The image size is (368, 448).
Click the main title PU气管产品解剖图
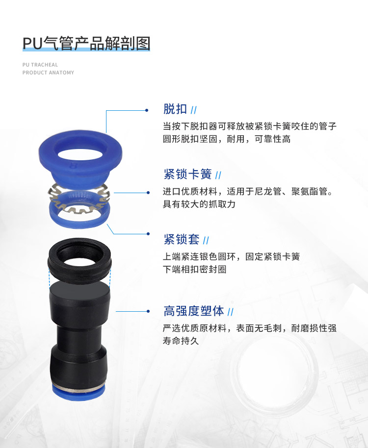(86, 44)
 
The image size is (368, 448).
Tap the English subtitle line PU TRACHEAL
(40, 65)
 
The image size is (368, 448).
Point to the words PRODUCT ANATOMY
(48, 73)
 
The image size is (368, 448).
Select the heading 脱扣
(175, 109)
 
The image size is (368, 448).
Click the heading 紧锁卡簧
(187, 174)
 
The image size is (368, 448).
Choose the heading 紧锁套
(181, 239)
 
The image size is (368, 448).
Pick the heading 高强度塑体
(194, 311)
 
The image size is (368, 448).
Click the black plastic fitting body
(79, 334)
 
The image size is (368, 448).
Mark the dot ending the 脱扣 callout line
(147, 110)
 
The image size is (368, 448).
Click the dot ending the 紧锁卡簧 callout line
(148, 193)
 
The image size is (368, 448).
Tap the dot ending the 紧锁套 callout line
(148, 234)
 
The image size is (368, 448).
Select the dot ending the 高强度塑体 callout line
(148, 311)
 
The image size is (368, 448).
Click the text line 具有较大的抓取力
(199, 204)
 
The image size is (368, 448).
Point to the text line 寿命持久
(181, 341)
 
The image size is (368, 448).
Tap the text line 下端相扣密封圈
(194, 269)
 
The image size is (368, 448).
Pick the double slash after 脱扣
(194, 110)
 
